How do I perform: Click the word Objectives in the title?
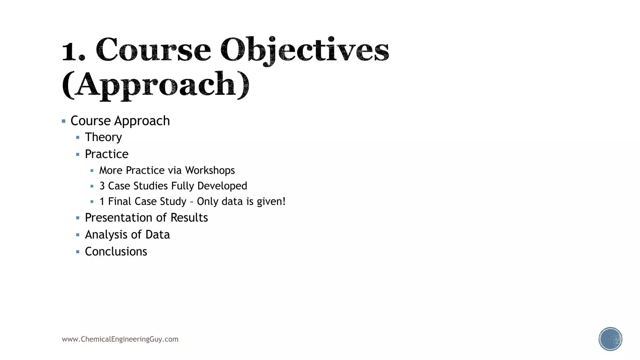click(x=305, y=50)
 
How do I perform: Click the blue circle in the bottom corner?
click(x=610, y=339)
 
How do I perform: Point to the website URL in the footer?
click(x=120, y=339)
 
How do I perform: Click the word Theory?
click(x=103, y=137)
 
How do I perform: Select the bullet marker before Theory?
click(x=78, y=137)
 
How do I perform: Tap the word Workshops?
click(x=210, y=170)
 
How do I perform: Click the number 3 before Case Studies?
click(x=102, y=186)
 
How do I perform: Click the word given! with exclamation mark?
click(x=271, y=202)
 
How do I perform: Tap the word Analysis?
click(x=106, y=235)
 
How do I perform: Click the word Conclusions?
click(x=116, y=252)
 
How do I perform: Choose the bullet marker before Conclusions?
click(x=78, y=252)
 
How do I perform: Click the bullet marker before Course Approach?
click(x=64, y=121)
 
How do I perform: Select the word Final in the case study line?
click(x=120, y=202)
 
